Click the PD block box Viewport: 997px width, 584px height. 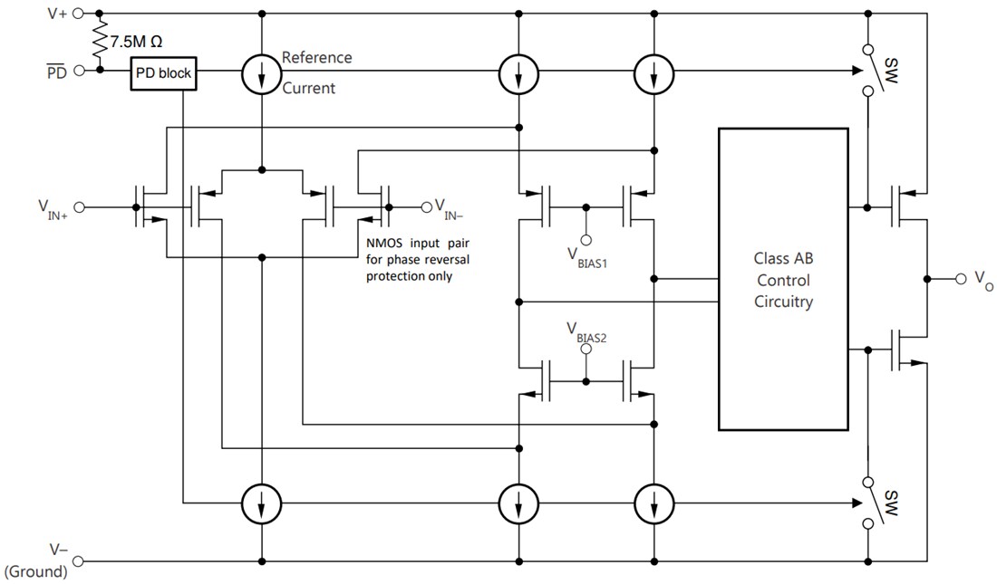coord(164,73)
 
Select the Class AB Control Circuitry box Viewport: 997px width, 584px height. coord(783,278)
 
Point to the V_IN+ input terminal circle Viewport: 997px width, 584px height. coord(79,207)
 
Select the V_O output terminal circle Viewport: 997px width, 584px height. coord(962,278)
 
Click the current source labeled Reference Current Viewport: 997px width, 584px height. coord(261,73)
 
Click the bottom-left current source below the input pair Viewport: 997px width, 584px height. coord(261,502)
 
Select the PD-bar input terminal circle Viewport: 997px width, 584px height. coord(79,70)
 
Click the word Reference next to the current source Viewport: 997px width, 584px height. coord(316,57)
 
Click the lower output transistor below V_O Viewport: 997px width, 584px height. coord(906,348)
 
